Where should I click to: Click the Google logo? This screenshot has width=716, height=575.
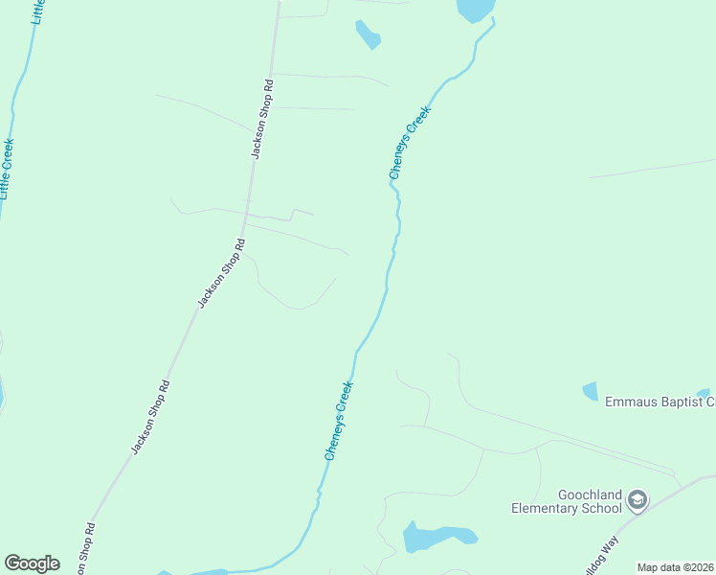(x=33, y=563)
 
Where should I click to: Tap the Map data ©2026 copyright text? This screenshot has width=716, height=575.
(x=676, y=567)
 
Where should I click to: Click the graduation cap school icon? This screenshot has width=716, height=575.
(x=638, y=499)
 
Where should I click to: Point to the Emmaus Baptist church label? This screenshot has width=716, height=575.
(x=660, y=402)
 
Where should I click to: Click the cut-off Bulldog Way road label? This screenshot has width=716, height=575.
(x=597, y=554)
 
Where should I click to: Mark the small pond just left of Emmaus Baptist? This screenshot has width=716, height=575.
(x=590, y=391)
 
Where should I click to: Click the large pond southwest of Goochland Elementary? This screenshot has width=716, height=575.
(x=437, y=537)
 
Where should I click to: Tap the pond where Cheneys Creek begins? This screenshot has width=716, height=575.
(x=474, y=10)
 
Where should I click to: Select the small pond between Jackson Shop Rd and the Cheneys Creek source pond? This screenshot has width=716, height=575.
(x=368, y=34)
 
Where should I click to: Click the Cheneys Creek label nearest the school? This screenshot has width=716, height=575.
(x=339, y=421)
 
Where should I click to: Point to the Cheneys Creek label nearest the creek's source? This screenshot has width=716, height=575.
(x=410, y=143)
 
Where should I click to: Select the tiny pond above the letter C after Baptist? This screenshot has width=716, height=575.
(x=704, y=393)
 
